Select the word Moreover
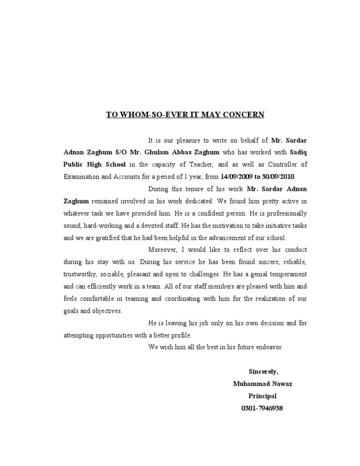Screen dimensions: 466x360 point(162,250)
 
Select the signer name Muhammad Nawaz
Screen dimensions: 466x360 point(262,384)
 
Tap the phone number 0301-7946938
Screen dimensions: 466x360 point(262,408)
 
